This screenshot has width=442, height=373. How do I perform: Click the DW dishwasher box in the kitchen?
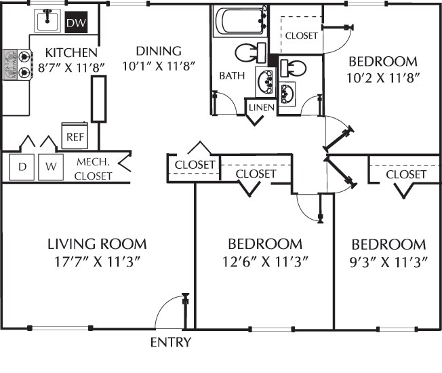(77, 24)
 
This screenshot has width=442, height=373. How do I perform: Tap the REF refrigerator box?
(73, 136)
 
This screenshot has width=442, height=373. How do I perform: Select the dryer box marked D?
(22, 166)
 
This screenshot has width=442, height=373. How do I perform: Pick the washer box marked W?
(49, 166)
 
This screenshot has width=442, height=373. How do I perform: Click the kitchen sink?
(47, 22)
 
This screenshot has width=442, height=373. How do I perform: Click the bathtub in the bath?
(239, 22)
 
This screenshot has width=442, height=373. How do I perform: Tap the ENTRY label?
(170, 342)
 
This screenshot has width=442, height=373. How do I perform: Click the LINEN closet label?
(260, 108)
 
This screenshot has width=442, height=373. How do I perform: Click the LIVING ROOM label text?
(97, 244)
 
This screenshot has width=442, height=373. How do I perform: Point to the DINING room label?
(158, 51)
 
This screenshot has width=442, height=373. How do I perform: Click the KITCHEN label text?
(71, 52)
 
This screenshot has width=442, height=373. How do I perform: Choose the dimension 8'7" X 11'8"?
(71, 67)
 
